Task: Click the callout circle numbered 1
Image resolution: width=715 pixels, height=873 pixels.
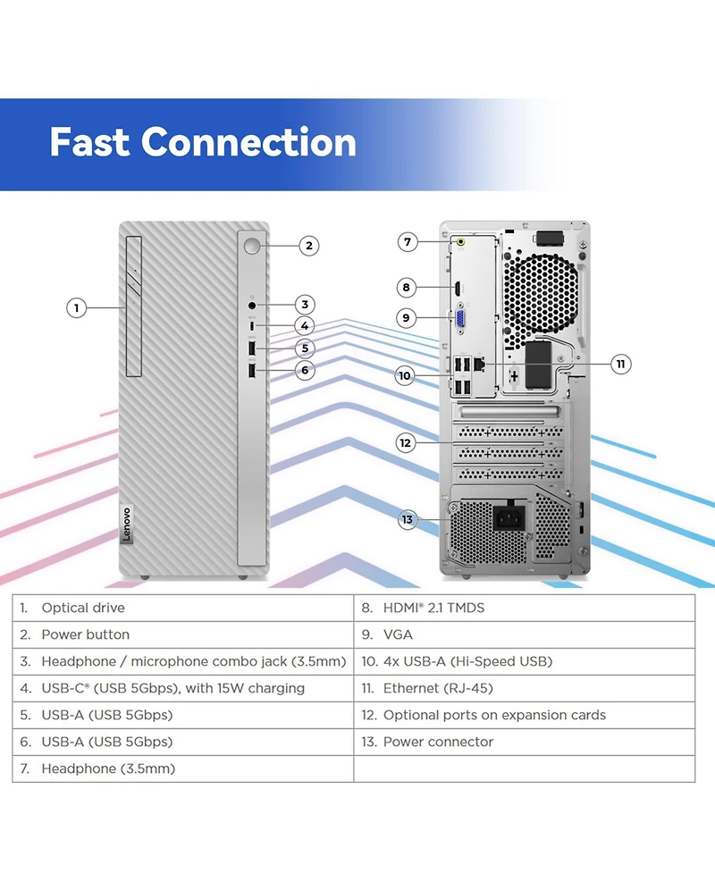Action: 77,308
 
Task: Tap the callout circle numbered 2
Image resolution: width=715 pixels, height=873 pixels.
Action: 308,245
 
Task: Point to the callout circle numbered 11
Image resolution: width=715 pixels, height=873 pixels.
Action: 622,364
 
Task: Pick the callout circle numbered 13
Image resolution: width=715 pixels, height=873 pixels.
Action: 408,519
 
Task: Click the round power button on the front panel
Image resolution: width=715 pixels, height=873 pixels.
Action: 252,244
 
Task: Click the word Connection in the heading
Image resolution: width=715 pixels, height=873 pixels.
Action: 248,142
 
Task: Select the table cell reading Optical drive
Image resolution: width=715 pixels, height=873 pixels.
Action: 183,608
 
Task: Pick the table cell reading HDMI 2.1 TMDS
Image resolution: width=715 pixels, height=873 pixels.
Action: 524,608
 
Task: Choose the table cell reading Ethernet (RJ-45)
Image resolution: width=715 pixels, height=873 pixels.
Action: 524,688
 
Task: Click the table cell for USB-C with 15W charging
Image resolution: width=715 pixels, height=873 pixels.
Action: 183,688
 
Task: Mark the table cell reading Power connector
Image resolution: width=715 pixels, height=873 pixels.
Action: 524,742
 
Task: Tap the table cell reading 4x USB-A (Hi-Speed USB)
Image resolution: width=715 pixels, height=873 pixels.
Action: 524,661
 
